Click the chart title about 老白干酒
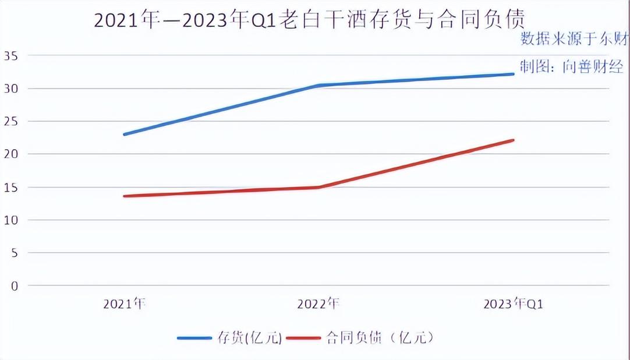pos(309,20)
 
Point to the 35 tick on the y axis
pos(11,56)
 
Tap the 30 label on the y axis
pos(11,89)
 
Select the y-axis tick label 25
pos(11,122)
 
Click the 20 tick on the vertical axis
pos(11,154)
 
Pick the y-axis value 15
pos(11,188)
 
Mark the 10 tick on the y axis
pos(11,220)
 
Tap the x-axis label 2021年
pos(124,304)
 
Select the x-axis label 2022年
pos(318,304)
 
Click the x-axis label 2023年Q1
pos(513,304)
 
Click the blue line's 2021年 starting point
pos(125,135)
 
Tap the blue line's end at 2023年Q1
pos(513,74)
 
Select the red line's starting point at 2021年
pos(125,196)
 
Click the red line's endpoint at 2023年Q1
pos(513,140)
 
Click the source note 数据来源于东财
pos(573,40)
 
